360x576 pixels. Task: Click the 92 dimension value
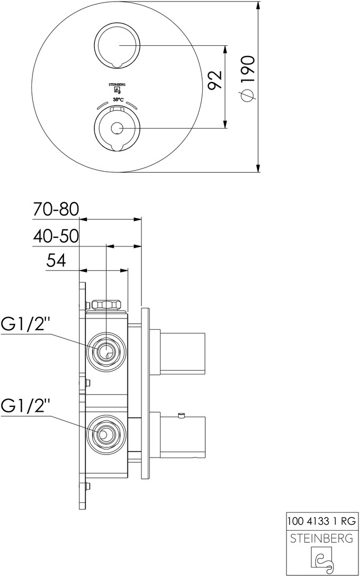(214, 79)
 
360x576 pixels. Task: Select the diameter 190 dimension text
(247, 78)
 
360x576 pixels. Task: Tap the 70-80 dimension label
(56, 210)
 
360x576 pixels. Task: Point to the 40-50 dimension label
(56, 236)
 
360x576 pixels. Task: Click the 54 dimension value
(56, 261)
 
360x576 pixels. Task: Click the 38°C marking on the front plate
(117, 100)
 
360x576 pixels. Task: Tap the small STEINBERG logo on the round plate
(117, 89)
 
